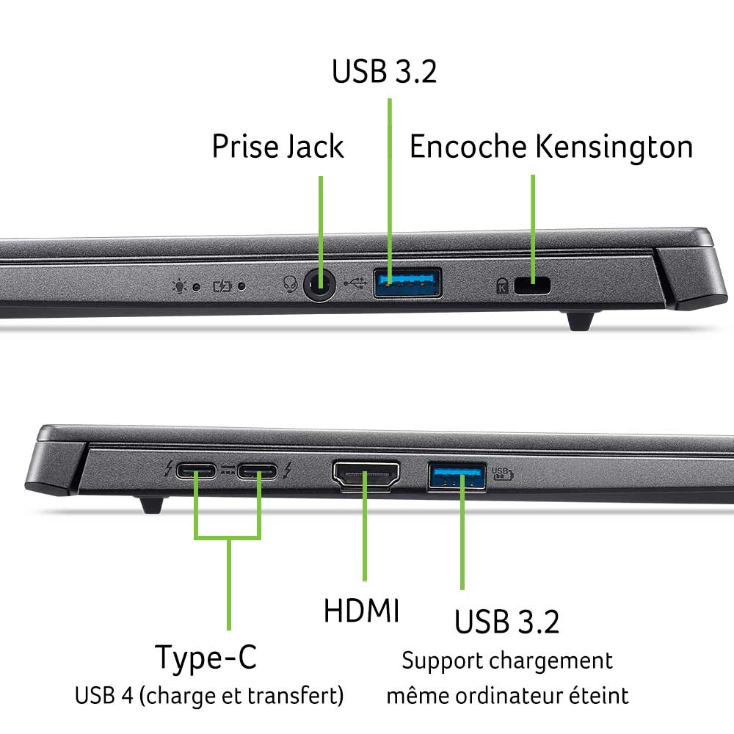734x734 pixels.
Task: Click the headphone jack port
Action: [320, 285]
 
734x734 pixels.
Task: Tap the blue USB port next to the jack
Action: [407, 283]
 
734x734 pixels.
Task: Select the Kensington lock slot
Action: [532, 286]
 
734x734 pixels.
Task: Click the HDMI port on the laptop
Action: [366, 476]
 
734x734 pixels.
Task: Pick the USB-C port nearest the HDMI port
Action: [257, 471]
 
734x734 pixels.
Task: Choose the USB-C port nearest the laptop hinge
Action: [196, 470]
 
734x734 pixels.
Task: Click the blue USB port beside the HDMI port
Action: [457, 476]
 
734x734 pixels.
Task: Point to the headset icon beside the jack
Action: [290, 283]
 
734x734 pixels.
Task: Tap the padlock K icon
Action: [502, 286]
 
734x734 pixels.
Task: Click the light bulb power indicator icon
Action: [179, 286]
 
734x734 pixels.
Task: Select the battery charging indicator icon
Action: [222, 286]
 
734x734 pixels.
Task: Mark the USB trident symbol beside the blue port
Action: [355, 283]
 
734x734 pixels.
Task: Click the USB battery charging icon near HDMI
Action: [502, 473]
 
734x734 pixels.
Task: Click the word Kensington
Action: [614, 147]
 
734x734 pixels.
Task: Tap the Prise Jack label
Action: [278, 146]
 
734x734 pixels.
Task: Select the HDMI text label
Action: [361, 611]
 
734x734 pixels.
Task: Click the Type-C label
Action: [206, 658]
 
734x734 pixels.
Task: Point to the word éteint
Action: [599, 695]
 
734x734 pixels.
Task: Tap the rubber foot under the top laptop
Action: [581, 321]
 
